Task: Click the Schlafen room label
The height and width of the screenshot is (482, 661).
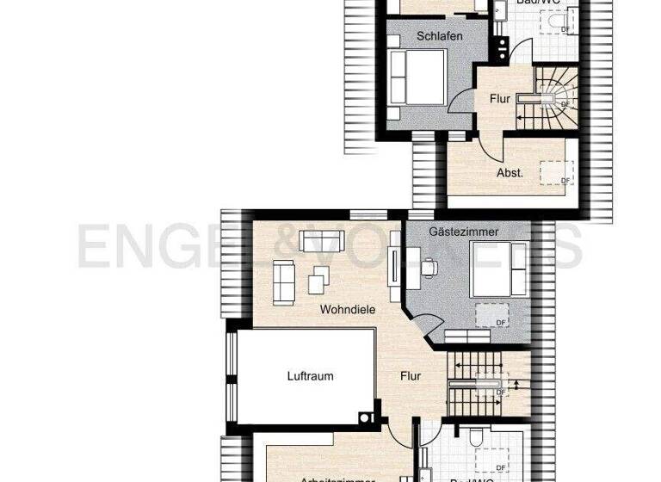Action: tap(440, 36)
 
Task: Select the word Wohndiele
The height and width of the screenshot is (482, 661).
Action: tap(347, 308)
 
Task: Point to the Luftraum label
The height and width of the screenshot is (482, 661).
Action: tap(310, 376)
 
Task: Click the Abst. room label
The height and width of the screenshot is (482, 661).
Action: tap(510, 173)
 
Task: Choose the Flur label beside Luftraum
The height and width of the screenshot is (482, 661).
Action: tap(411, 376)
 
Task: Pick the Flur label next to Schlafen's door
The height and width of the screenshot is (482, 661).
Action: tap(500, 100)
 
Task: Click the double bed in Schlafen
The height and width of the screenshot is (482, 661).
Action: tap(418, 76)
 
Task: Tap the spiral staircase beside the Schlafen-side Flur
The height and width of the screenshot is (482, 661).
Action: tap(552, 95)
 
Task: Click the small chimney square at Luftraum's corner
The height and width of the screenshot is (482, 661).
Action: tap(368, 417)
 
